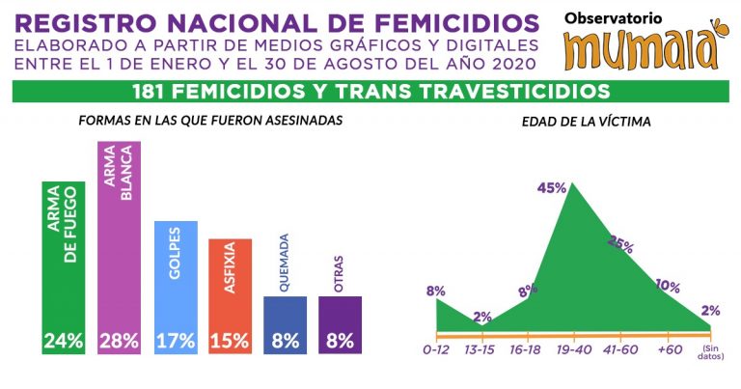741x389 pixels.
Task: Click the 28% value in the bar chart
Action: click(120, 341)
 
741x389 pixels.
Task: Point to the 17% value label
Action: click(176, 341)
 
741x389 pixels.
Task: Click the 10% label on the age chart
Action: click(668, 286)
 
